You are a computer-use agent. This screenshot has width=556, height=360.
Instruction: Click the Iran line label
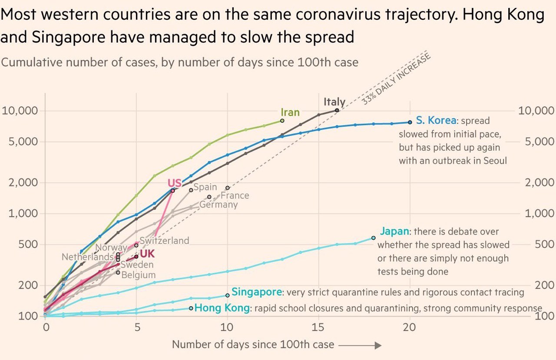290,112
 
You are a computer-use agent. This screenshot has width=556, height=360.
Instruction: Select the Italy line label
334,102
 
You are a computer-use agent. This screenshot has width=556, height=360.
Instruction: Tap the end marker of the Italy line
337,110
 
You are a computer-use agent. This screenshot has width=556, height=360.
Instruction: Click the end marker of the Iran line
282,121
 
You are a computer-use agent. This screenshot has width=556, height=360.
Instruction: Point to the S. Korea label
436,120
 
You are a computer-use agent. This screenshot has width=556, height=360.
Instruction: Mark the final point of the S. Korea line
410,122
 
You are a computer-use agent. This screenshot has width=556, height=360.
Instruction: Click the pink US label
175,183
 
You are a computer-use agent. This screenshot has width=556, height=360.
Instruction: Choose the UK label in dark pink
147,254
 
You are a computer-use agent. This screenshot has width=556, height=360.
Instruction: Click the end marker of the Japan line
374,238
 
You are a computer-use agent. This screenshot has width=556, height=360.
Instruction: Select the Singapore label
256,292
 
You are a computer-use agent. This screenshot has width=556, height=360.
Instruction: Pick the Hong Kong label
222,308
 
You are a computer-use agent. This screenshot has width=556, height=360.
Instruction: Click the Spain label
205,187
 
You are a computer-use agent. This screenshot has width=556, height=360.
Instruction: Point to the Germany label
218,205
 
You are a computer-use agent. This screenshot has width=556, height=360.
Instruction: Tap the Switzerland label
165,241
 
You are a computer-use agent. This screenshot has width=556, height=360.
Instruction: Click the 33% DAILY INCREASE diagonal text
396,79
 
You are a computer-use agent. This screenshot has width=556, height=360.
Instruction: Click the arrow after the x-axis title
360,345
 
